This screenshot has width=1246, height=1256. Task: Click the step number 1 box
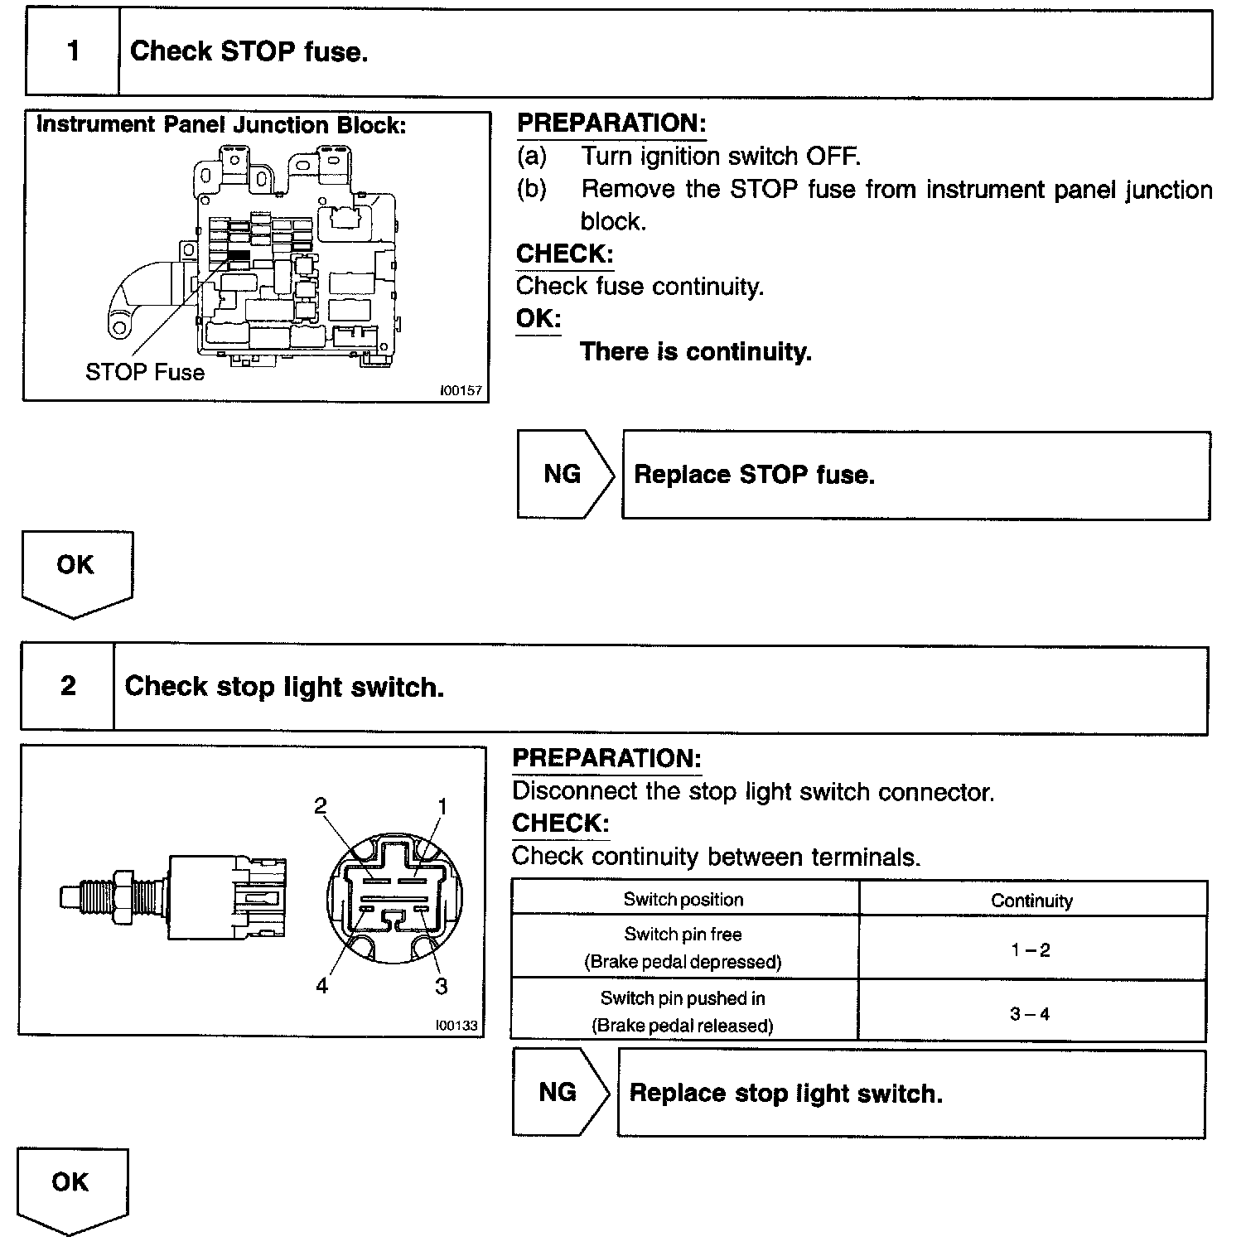73,53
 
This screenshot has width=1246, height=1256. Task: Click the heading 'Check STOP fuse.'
249,52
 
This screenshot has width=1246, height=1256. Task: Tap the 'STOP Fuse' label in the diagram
145,372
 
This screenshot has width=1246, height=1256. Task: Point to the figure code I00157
461,390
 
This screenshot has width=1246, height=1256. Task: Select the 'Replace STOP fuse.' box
915,475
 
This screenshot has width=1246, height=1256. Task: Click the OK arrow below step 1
76,572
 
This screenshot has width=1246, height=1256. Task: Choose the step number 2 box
68,687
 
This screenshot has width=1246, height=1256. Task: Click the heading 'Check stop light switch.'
284,687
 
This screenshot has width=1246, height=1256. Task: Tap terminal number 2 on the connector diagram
321,806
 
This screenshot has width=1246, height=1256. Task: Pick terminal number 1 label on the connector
442,806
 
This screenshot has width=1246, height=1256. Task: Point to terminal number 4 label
321,986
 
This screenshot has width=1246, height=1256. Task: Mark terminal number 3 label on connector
442,986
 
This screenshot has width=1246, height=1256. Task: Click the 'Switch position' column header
683,900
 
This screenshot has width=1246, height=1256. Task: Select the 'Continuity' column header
1031,901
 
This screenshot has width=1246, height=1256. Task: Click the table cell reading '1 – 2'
1031,950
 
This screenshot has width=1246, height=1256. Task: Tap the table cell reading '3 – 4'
1030,1013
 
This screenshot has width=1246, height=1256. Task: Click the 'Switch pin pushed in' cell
683,1012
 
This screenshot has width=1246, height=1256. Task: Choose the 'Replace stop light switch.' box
911,1094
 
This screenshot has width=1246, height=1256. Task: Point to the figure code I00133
456,1025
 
